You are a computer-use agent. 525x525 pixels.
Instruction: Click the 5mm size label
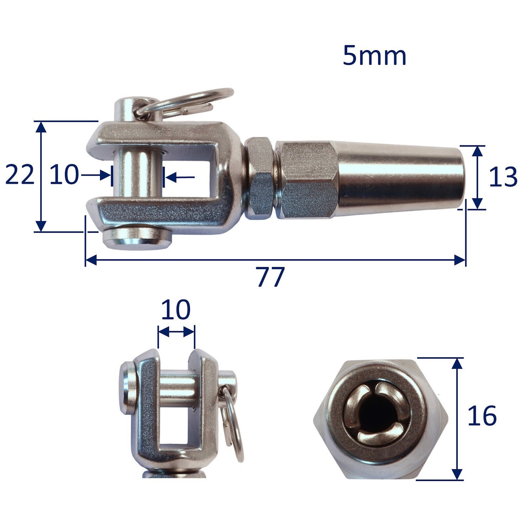point(374,56)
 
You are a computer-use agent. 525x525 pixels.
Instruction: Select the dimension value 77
point(270,277)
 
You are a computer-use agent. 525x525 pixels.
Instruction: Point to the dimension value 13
point(503,177)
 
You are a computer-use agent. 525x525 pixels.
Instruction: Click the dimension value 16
point(482,416)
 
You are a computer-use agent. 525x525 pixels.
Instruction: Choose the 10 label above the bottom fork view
point(176,309)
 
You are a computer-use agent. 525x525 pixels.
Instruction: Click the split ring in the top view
point(184,102)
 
